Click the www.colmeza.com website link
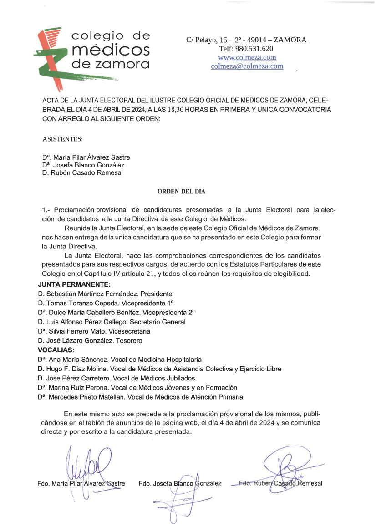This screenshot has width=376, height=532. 247,57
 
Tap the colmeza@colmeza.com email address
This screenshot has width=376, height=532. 247,66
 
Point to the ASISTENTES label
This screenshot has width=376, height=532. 62,138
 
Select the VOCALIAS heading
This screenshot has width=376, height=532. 56,350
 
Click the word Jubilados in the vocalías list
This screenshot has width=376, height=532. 179,378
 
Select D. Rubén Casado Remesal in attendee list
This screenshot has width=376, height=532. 82,173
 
